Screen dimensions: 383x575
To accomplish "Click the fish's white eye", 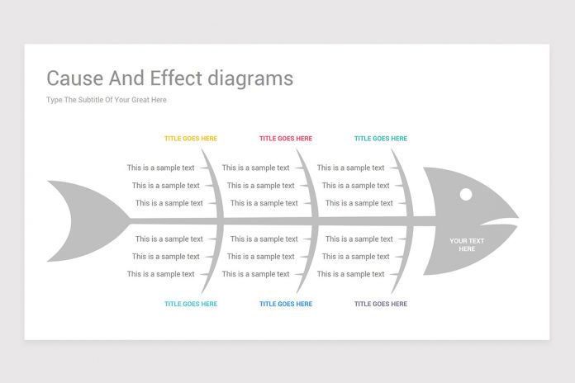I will [466, 194].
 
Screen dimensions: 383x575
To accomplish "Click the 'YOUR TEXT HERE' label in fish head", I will [467, 244].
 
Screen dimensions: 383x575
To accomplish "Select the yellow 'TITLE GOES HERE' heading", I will [191, 139].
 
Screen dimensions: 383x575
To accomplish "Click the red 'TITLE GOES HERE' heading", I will [286, 139].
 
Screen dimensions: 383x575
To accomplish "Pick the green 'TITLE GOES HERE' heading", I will [381, 139].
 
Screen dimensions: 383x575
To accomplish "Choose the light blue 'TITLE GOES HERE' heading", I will [191, 304].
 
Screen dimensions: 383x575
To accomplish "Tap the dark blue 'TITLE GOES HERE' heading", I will [286, 304].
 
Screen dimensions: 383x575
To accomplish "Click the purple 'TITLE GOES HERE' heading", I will [381, 304].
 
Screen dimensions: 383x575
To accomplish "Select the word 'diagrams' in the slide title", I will [253, 78].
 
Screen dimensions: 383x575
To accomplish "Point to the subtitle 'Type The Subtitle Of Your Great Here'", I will [107, 100].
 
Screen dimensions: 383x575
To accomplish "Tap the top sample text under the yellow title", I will [161, 168].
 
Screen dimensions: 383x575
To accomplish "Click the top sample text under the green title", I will [351, 168].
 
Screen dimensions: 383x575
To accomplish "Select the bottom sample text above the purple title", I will [351, 274].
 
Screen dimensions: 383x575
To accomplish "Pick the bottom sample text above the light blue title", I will [161, 274].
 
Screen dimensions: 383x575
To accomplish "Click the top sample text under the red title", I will [256, 168].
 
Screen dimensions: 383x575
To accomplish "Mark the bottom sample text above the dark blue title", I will [256, 274].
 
